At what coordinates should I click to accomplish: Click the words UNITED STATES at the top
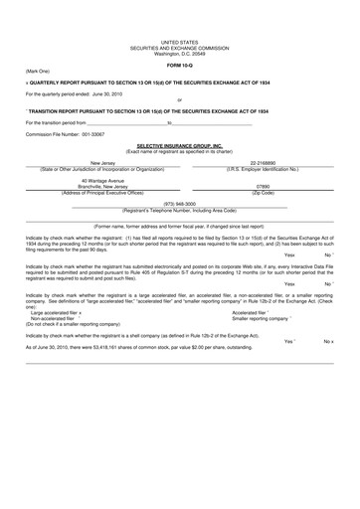click(179, 34)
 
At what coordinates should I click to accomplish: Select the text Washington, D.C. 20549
click(179, 49)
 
